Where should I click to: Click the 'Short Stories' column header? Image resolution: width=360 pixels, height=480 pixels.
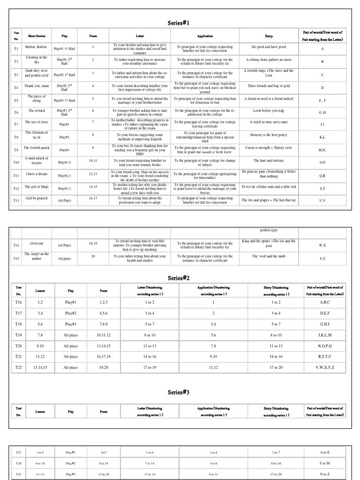click(37, 36)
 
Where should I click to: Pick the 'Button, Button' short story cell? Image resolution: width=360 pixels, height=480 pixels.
click(37, 47)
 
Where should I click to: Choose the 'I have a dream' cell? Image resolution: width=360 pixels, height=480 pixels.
click(37, 173)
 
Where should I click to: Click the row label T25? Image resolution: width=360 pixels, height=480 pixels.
click(19, 474)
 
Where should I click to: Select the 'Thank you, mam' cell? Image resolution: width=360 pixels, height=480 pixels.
click(37, 86)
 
